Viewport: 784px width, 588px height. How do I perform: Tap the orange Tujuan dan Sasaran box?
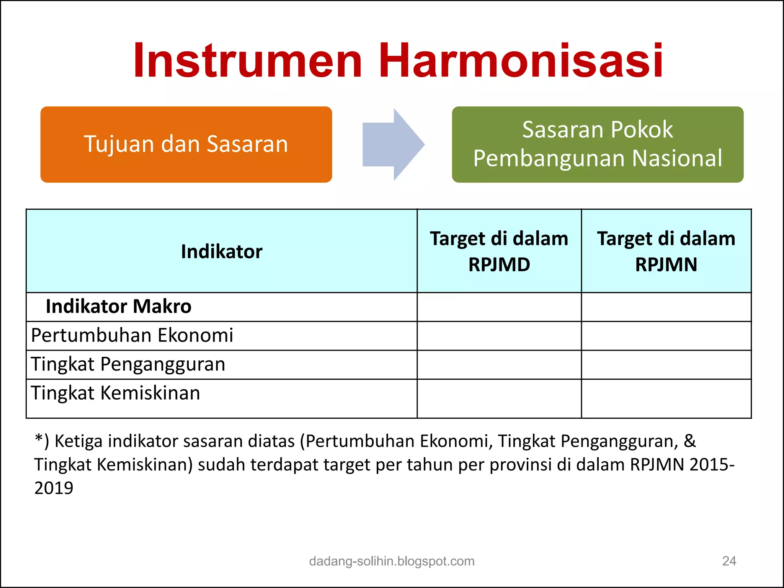click(x=186, y=144)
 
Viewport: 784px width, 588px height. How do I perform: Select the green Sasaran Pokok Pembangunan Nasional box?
click(x=598, y=144)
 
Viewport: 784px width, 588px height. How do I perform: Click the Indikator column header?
click(x=222, y=252)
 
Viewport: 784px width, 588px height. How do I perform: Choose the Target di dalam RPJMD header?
click(x=499, y=251)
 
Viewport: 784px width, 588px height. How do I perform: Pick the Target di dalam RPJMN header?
click(x=666, y=251)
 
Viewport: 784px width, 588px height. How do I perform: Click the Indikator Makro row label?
click(x=118, y=307)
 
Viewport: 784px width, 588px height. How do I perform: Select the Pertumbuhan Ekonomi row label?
click(x=132, y=335)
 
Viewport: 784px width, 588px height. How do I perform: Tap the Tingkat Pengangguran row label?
click(x=128, y=364)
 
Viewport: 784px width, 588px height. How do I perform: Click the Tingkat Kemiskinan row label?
click(x=115, y=393)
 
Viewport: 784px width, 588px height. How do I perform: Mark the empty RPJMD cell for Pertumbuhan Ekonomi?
click(x=499, y=336)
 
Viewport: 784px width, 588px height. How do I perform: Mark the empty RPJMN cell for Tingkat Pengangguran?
click(x=666, y=364)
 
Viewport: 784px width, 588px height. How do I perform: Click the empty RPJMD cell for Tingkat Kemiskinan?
click(x=499, y=398)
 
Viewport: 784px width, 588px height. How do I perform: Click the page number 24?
click(x=729, y=561)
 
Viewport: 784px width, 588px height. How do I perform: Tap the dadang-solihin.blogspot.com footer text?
click(x=392, y=561)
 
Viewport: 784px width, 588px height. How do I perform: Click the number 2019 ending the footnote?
click(x=54, y=488)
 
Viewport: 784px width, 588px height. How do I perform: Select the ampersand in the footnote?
click(x=689, y=441)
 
